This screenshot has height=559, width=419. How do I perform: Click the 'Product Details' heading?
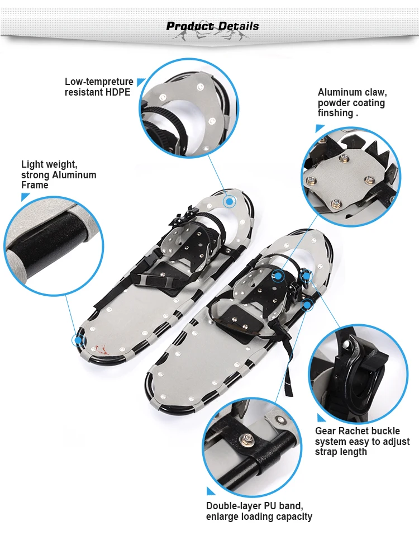point(213,26)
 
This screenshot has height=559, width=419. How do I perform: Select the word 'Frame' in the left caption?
point(35,185)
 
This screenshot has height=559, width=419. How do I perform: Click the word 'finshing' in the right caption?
point(335,113)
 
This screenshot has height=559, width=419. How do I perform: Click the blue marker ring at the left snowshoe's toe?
point(228,201)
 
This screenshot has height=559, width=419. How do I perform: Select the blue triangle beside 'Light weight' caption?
point(25,197)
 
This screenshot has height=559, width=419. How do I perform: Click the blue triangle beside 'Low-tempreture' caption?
point(141,82)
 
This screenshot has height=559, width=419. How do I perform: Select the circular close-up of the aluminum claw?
point(351,177)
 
